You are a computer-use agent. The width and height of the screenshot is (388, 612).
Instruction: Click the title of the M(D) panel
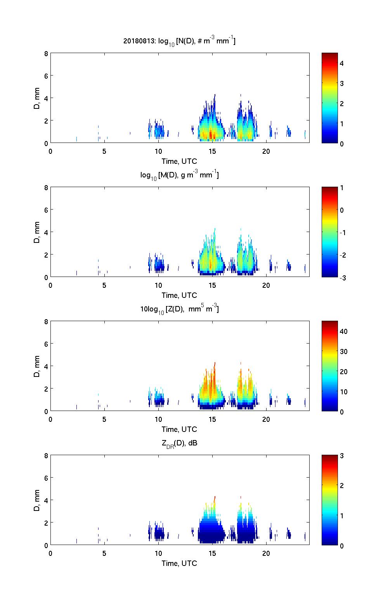pyautogui.click(x=179, y=175)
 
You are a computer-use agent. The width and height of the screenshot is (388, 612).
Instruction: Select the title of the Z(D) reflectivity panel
pyautogui.click(x=179, y=309)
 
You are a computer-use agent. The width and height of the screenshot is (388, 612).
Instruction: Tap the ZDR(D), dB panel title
pyautogui.click(x=179, y=443)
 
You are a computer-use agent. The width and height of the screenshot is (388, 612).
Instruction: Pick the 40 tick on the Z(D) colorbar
pyautogui.click(x=343, y=332)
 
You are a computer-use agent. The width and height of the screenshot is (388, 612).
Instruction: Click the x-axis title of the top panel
pyautogui.click(x=179, y=161)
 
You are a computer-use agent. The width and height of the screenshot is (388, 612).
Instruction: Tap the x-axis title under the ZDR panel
pyautogui.click(x=179, y=563)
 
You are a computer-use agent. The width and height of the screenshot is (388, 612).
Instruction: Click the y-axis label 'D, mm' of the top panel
pyautogui.click(x=37, y=98)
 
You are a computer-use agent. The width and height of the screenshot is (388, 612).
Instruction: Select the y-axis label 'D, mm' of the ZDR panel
pyautogui.click(x=37, y=500)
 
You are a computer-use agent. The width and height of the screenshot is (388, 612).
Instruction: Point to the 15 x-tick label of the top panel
pyautogui.click(x=212, y=151)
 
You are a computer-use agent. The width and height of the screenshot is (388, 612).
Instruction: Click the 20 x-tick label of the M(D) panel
pyautogui.click(x=266, y=285)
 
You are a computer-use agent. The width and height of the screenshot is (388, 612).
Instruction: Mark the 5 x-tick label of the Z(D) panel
pyautogui.click(x=104, y=419)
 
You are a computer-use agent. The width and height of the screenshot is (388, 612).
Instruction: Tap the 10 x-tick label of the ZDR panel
pyautogui.click(x=158, y=554)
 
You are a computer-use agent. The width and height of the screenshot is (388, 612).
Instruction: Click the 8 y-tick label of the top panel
pyautogui.click(x=46, y=53)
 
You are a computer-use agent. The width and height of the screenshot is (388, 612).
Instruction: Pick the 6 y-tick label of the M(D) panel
pyautogui.click(x=46, y=210)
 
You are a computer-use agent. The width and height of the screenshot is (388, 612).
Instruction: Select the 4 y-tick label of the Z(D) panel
pyautogui.click(x=46, y=366)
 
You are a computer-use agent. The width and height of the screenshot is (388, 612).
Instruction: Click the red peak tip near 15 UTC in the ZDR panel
pyautogui.click(x=215, y=497)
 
